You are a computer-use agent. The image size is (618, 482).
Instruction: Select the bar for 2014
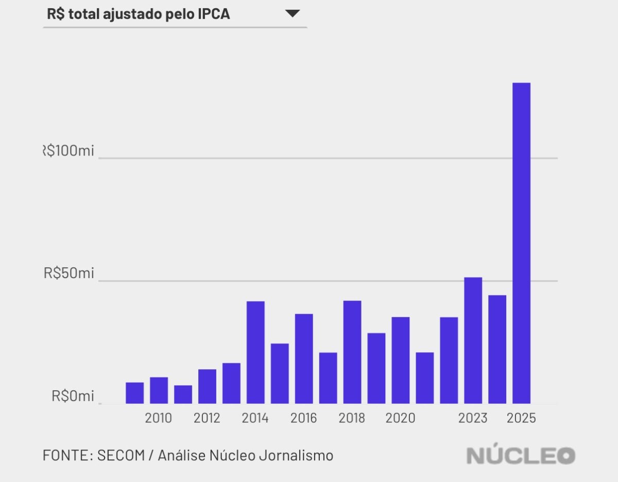[x=255, y=352]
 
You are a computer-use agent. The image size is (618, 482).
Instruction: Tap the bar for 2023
[x=473, y=340]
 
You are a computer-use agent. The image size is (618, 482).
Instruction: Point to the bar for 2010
[x=159, y=390]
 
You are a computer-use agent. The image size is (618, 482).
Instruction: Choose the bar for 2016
[x=304, y=358]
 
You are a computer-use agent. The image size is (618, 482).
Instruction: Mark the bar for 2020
[x=401, y=360]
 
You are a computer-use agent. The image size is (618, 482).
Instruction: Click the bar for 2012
[x=207, y=386]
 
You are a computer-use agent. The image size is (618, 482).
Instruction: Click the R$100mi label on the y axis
[x=68, y=151]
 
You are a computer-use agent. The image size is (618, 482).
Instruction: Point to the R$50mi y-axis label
[x=69, y=273]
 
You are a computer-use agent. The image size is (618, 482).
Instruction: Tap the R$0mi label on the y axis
[x=73, y=397]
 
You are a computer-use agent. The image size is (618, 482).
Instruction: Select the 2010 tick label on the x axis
[x=159, y=418]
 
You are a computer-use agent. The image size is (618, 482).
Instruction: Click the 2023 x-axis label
[x=473, y=418]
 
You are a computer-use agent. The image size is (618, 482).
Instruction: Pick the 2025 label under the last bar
[x=521, y=418]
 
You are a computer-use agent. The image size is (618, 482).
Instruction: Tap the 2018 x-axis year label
[x=352, y=418]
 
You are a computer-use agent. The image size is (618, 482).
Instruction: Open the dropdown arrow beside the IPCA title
[x=293, y=14]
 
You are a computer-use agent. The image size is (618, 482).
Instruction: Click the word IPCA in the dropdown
[x=214, y=14]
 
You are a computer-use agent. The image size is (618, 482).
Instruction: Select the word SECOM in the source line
[x=121, y=456]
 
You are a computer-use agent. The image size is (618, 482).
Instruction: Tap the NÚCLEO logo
[x=521, y=455]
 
